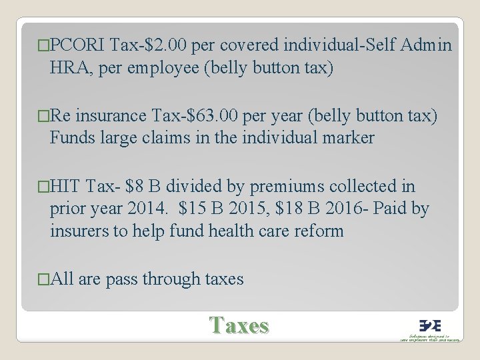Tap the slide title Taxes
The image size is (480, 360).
(239, 325)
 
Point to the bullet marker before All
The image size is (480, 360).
(44, 279)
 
